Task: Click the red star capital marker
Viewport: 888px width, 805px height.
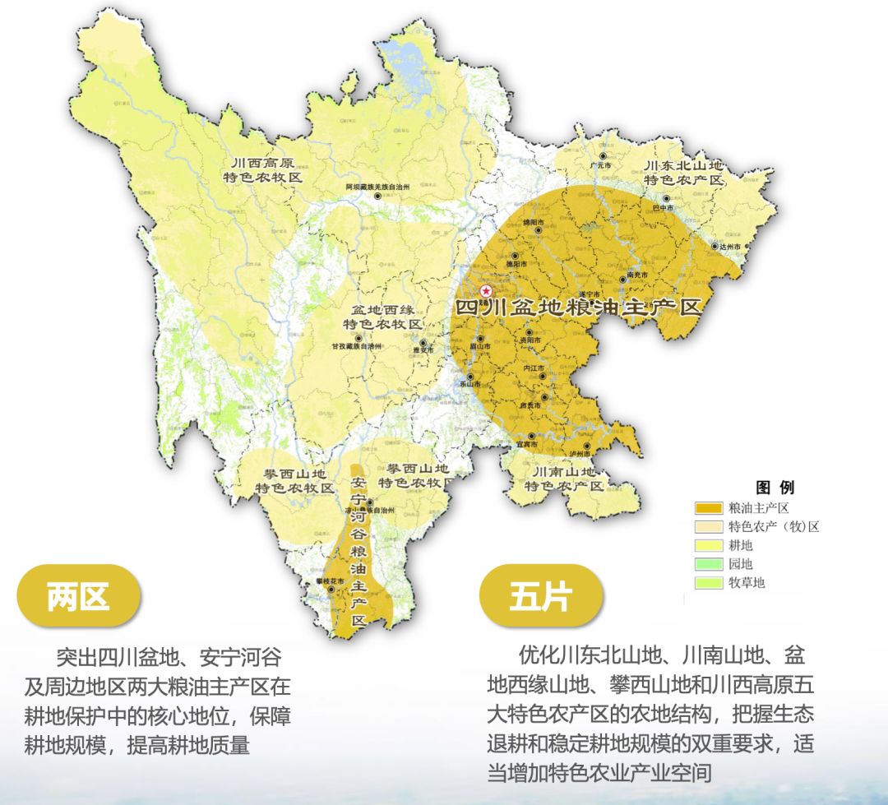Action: tap(486, 290)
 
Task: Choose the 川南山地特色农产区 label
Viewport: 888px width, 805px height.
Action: tap(566, 479)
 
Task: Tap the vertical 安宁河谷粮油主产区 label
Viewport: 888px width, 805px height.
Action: tap(358, 551)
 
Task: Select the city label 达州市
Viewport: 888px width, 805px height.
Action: tap(726, 247)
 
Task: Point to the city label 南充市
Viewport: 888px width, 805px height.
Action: tap(636, 274)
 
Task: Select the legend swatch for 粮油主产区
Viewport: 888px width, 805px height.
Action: tap(708, 507)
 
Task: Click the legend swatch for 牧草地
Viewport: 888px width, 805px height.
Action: tap(708, 583)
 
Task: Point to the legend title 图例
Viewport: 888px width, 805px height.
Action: tap(775, 487)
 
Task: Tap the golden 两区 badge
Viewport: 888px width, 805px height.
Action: tap(78, 595)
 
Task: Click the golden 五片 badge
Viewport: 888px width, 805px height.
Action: tap(540, 595)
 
